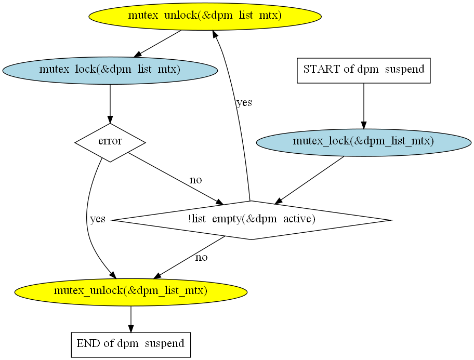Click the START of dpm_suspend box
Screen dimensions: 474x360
coord(364,71)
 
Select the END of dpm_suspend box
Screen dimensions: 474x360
coord(131,345)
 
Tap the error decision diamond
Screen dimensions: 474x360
coord(110,142)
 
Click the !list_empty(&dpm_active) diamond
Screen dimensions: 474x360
coord(252,220)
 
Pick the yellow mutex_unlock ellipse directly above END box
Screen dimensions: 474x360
coord(131,292)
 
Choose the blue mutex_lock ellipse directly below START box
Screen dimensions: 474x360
coord(364,142)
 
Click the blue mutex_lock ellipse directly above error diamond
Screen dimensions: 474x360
coord(110,71)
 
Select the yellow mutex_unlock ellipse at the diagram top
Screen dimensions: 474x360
coord(205,16)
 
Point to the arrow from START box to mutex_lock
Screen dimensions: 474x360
coord(364,106)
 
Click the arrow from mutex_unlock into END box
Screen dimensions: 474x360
coord(131,319)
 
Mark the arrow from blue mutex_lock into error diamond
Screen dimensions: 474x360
coord(110,104)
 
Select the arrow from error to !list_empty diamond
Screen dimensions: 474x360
coord(176,179)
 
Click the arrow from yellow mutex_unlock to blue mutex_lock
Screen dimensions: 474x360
coord(157,44)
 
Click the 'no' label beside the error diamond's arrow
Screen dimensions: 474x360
coord(195,180)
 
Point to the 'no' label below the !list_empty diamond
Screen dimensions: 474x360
coord(201,258)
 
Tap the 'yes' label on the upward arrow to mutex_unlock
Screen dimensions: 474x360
coord(244,103)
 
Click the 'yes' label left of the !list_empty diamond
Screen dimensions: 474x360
coord(98,219)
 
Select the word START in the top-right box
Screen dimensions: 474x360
coord(322,69)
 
